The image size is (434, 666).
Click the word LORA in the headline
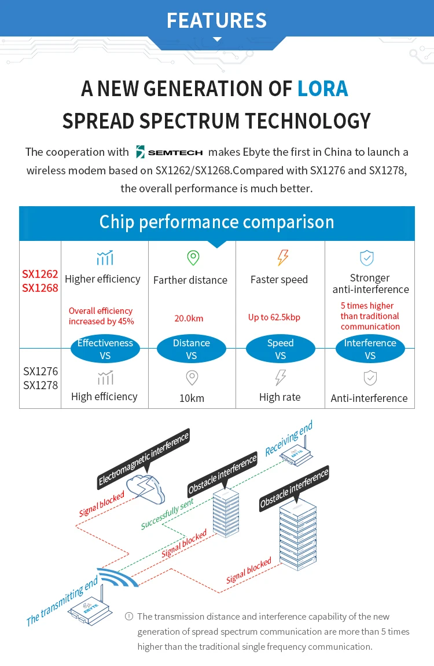pyautogui.click(x=322, y=89)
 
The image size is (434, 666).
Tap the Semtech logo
pyautogui.click(x=170, y=152)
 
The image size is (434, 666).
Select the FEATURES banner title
pyautogui.click(x=217, y=20)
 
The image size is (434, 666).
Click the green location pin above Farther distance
pyautogui.click(x=193, y=257)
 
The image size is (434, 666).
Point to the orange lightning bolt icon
pyautogui.click(x=282, y=257)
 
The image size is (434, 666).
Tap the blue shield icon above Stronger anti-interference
pyautogui.click(x=366, y=257)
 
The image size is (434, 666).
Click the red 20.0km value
pyautogui.click(x=189, y=318)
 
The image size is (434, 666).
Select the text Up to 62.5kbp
pyautogui.click(x=274, y=317)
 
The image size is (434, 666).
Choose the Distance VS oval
pyautogui.click(x=192, y=349)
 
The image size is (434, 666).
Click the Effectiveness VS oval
pyautogui.click(x=105, y=349)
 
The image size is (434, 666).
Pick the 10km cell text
pyautogui.click(x=192, y=398)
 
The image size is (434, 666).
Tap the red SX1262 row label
pyautogui.click(x=40, y=274)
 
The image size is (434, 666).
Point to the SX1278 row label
pyautogui.click(x=41, y=385)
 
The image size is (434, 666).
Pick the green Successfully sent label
pyautogui.click(x=167, y=514)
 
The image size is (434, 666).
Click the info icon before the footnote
pyautogui.click(x=129, y=616)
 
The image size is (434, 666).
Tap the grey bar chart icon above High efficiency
pyautogui.click(x=106, y=378)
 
